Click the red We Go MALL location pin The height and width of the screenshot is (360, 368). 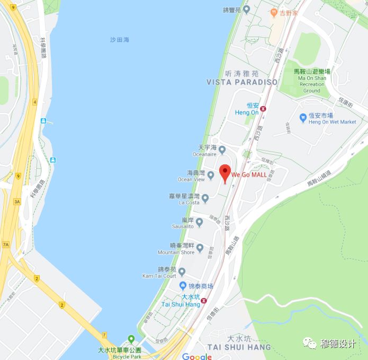[x=225, y=173]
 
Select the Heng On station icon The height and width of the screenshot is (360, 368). [x=263, y=109]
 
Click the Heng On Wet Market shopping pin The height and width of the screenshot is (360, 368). [x=303, y=118]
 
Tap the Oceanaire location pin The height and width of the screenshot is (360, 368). [x=222, y=151]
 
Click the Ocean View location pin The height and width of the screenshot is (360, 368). [x=211, y=175]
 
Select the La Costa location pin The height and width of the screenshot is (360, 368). [x=205, y=199]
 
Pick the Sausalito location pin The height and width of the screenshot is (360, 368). [x=199, y=223]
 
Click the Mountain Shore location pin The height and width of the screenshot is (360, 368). [x=200, y=248]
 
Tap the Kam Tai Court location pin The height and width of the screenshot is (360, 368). [x=182, y=272]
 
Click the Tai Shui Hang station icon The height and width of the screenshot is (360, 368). [x=203, y=301]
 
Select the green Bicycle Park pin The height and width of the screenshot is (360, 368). [x=131, y=339]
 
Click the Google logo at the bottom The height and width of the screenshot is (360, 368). [x=197, y=356]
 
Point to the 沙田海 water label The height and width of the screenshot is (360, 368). [x=120, y=40]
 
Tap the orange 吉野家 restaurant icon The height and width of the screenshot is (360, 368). [x=274, y=12]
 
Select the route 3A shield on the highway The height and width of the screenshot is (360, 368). [x=17, y=201]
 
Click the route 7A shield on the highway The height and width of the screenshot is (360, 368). [x=6, y=244]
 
